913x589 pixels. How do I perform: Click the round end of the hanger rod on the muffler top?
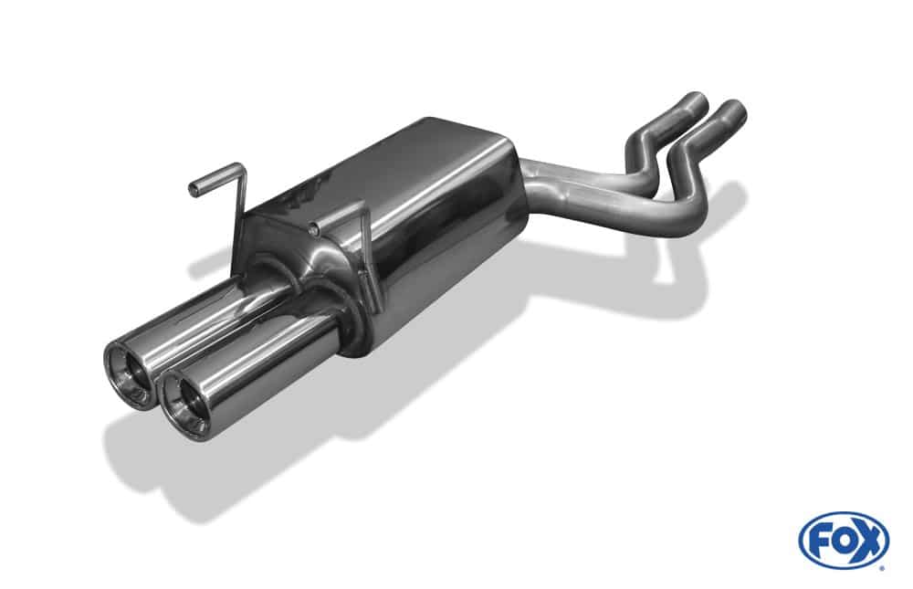(314, 228)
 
